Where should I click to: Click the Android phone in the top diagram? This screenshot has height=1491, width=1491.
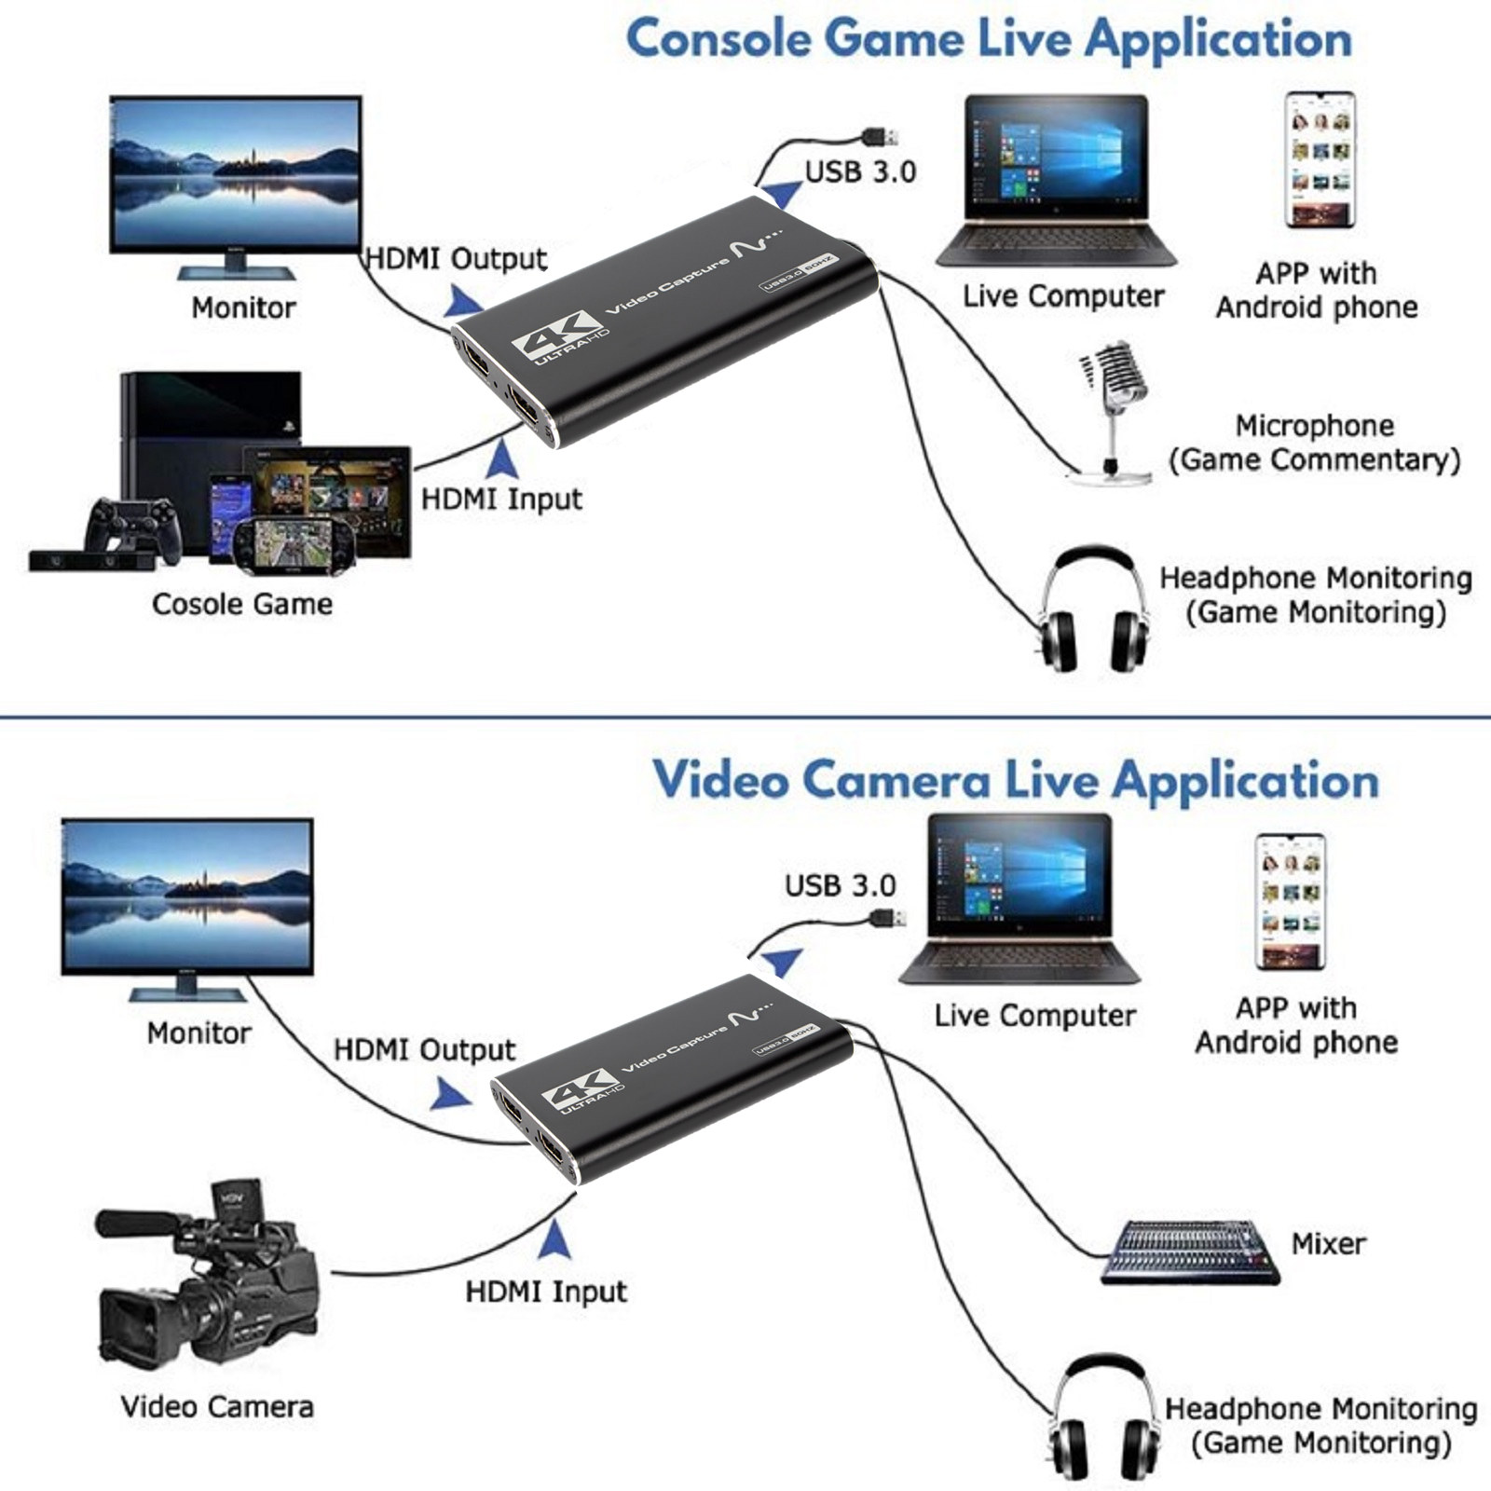coord(1318,159)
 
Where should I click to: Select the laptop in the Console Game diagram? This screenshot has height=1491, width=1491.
coord(1056,182)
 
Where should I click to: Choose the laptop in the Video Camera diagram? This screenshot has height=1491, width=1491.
coord(1019,900)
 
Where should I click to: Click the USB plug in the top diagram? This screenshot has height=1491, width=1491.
coord(880,137)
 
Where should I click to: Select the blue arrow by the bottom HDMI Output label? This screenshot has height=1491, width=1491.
coord(452,1094)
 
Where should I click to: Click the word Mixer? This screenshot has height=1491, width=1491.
coord(1328,1243)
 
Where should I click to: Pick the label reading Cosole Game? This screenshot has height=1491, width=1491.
coord(242,604)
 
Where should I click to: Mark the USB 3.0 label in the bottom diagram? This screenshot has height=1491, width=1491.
coord(840,885)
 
